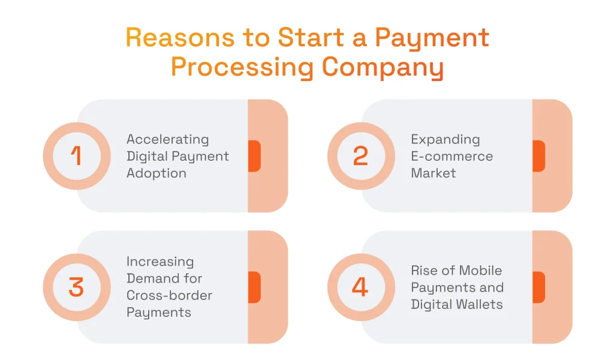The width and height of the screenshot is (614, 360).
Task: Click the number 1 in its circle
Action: (x=76, y=156)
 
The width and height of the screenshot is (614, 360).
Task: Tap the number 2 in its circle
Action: (x=360, y=156)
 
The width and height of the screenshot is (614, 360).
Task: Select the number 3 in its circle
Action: (x=76, y=287)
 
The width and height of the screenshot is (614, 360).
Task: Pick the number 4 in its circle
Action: (x=360, y=287)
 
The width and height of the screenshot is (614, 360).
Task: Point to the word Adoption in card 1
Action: (x=156, y=173)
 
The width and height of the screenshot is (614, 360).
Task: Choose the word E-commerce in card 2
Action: (x=452, y=156)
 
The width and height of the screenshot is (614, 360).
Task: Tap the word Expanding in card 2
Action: (x=445, y=139)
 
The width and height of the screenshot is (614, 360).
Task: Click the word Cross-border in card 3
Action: (x=169, y=295)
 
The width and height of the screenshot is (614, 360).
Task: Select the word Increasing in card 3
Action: (x=160, y=262)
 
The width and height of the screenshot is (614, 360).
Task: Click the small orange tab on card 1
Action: (x=254, y=156)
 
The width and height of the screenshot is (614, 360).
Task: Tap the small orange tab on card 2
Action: (x=538, y=156)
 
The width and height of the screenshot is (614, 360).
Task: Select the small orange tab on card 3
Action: (x=254, y=287)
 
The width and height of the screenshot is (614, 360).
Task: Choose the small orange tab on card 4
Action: (x=538, y=287)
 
